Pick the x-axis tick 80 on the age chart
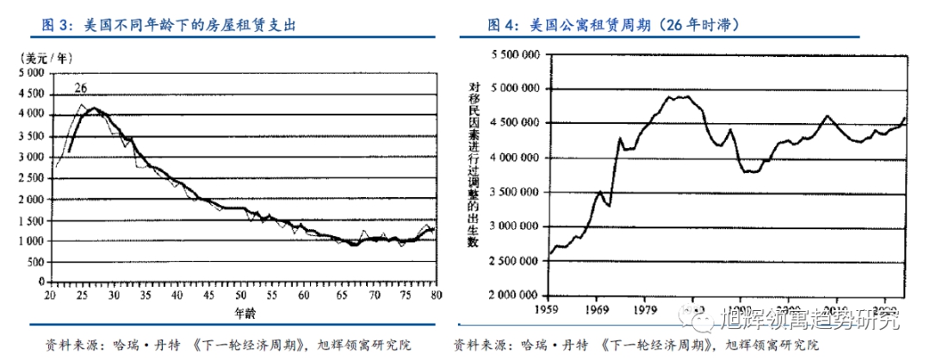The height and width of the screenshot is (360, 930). coord(437,295)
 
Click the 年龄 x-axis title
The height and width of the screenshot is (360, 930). coord(245,311)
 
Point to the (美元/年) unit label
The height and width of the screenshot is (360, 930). coord(46,58)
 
